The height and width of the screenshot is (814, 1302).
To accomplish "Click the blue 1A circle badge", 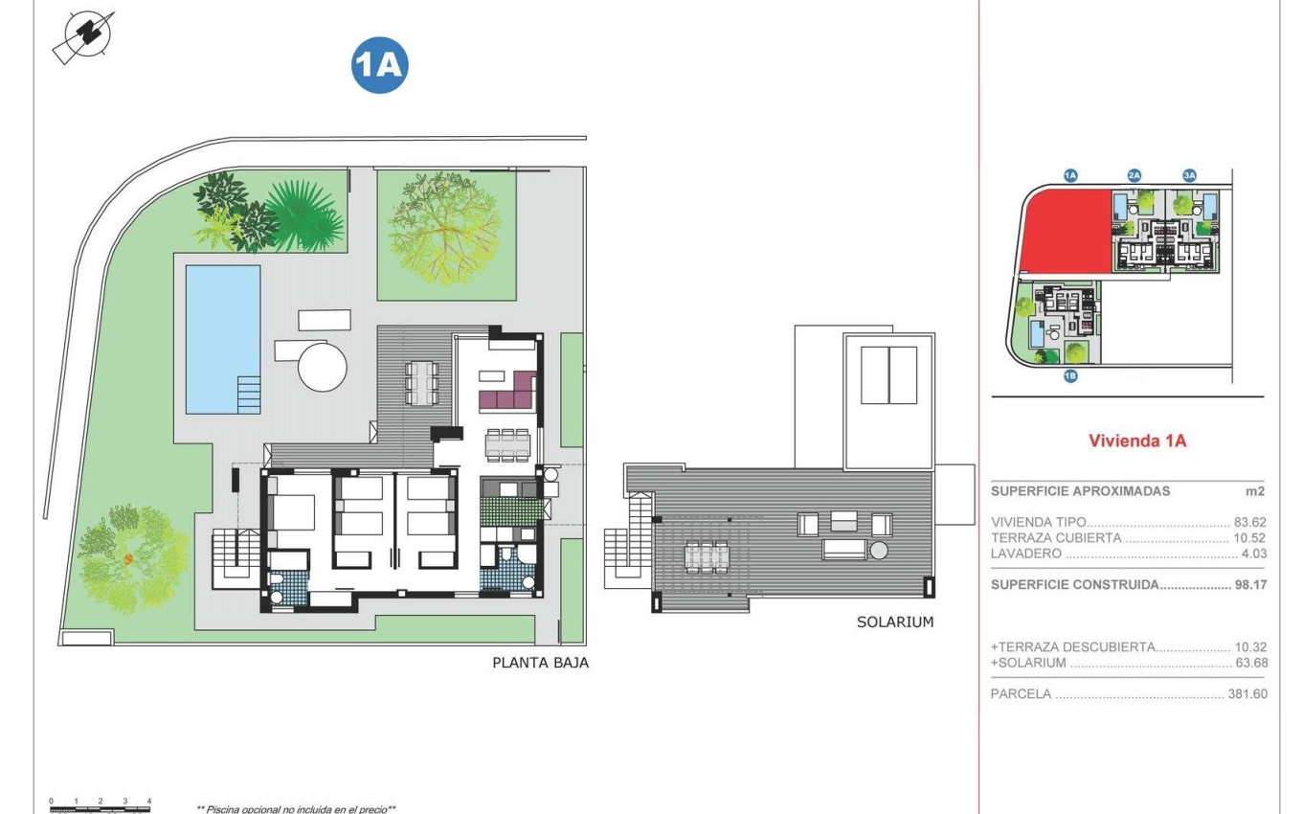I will tap(380, 65).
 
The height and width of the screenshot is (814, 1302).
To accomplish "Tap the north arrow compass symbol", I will tap(83, 36).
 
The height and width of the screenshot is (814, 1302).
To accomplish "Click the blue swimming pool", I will tap(222, 338).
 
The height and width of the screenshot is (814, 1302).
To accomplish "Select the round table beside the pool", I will tap(323, 366).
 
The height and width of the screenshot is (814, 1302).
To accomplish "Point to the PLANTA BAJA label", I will tap(540, 663).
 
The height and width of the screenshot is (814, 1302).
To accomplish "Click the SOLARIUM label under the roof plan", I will tap(894, 622).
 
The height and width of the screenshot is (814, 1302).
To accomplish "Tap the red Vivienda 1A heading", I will tap(1137, 441).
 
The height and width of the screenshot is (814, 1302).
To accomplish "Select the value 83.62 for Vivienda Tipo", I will tap(1249, 523).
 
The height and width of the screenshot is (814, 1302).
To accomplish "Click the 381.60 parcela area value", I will tap(1246, 694).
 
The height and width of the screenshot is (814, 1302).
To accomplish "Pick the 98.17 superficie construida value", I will tap(1249, 584).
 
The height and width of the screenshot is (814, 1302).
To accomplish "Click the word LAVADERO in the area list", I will tap(1026, 554).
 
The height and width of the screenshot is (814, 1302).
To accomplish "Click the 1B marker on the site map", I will tap(1070, 376).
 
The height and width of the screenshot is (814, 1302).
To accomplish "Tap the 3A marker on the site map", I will tap(1189, 175).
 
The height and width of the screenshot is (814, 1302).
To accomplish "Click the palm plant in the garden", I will tap(304, 215).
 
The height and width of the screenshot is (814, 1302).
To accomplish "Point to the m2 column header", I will tap(1255, 491).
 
